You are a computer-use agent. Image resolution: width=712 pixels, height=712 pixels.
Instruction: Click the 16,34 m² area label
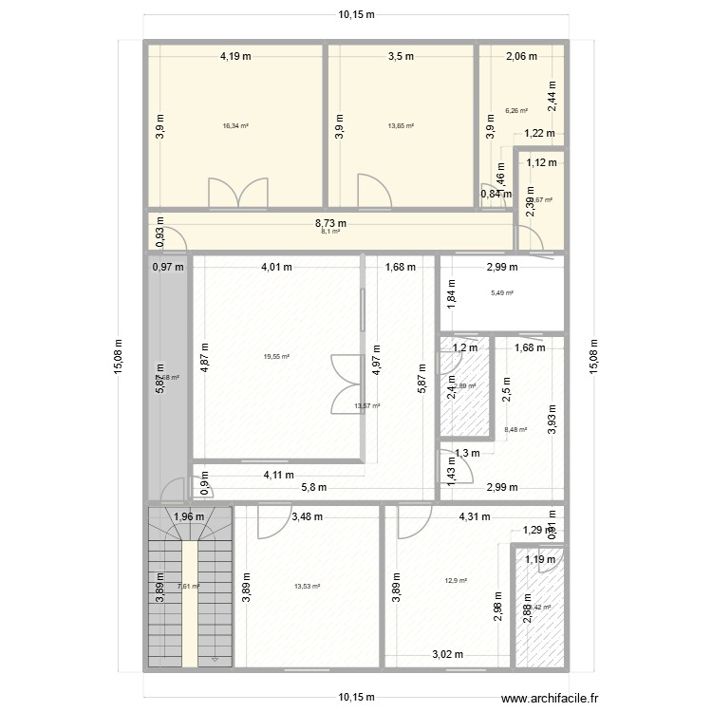pyautogui.click(x=235, y=125)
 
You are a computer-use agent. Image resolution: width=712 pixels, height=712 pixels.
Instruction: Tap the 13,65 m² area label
pyautogui.click(x=401, y=125)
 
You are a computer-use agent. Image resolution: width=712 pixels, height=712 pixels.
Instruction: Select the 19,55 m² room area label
pyautogui.click(x=276, y=357)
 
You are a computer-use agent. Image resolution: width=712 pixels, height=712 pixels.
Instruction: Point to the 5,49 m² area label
pyautogui.click(x=501, y=293)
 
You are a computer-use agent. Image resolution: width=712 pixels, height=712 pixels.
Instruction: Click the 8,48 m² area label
pyautogui.click(x=516, y=428)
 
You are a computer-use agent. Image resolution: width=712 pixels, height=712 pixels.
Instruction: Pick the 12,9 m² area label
pyautogui.click(x=456, y=580)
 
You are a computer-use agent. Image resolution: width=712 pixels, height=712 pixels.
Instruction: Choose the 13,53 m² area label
pyautogui.click(x=307, y=586)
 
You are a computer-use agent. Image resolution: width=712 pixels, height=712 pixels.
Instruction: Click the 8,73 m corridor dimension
pyautogui.click(x=331, y=224)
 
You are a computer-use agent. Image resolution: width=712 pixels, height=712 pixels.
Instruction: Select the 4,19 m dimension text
pyautogui.click(x=235, y=56)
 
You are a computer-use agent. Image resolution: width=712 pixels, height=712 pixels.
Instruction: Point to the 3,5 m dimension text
pyautogui.click(x=401, y=56)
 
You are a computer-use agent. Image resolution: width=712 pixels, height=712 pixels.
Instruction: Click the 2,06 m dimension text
pyautogui.click(x=521, y=56)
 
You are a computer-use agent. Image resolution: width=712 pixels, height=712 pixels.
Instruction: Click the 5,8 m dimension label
pyautogui.click(x=314, y=487)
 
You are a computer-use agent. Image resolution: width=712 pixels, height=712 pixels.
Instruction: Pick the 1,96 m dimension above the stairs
pyautogui.click(x=190, y=517)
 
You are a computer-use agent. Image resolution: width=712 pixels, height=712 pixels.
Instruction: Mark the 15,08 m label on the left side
pyautogui.click(x=117, y=359)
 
